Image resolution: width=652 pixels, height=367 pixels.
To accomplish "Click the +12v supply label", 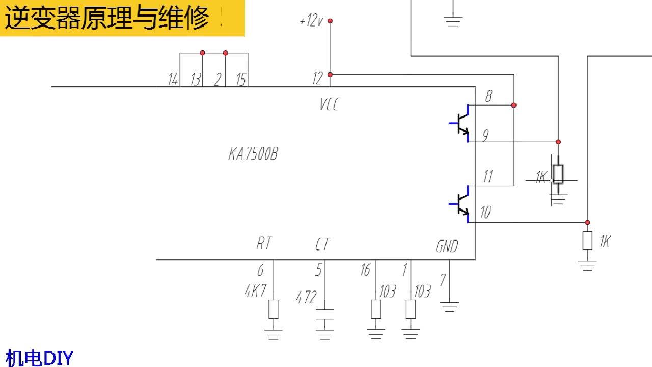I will click(x=311, y=21).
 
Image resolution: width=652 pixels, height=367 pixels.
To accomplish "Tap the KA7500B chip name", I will click(x=253, y=154).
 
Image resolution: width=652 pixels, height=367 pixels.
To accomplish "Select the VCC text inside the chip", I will click(x=329, y=105).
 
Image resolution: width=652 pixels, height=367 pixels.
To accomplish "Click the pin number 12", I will click(x=317, y=78).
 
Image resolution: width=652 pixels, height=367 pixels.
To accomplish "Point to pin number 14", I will click(x=173, y=80).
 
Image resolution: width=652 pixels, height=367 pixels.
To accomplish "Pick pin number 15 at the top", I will click(x=241, y=80).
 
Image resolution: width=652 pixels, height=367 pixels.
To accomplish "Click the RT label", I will click(x=263, y=244).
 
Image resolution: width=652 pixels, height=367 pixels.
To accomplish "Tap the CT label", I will click(x=322, y=245).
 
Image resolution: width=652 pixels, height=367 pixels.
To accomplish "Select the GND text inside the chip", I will click(x=447, y=247).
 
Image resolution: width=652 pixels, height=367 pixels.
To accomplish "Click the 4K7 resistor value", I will click(x=256, y=292).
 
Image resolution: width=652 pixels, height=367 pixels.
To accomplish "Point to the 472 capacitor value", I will click(x=306, y=297).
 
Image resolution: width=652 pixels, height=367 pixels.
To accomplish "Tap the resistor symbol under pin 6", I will click(x=274, y=309).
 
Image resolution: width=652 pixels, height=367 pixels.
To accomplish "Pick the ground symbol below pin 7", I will click(x=449, y=307).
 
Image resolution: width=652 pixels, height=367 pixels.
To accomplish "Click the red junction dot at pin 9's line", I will click(x=558, y=142).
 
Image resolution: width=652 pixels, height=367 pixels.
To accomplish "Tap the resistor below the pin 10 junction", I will click(x=587, y=241).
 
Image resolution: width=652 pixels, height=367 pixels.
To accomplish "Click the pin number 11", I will click(x=487, y=177).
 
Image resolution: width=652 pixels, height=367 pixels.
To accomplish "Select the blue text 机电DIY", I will click(x=39, y=358).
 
